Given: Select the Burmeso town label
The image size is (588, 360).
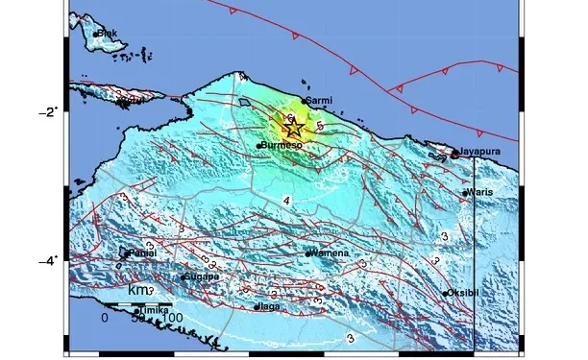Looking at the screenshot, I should point(282,146).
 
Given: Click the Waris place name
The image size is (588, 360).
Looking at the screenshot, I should point(478,193).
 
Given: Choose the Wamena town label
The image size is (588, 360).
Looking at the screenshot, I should point(329,253).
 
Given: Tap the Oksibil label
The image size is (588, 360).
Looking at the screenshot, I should point(466,293).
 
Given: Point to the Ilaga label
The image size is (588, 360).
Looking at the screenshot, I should point(269,307).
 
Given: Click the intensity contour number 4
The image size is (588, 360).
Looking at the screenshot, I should point(285,200).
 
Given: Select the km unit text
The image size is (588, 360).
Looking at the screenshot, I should point(138,289).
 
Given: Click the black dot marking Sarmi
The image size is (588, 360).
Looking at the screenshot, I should point(304,101).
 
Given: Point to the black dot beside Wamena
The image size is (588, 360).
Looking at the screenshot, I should point(307,254).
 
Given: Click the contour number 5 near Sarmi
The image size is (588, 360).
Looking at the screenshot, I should point(319,123).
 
